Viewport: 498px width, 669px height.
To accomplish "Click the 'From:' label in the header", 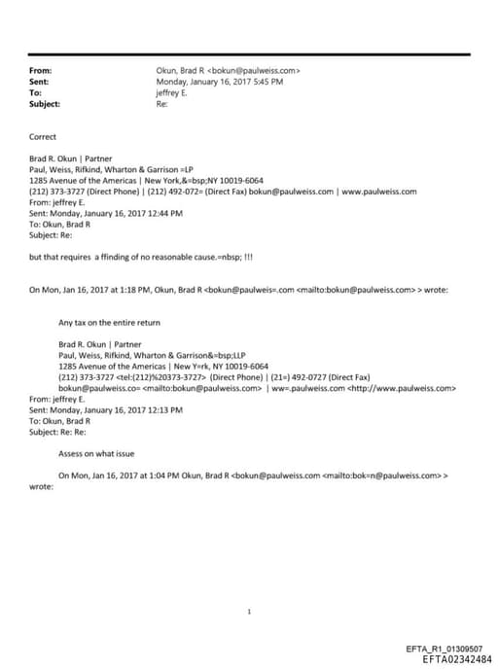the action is tap(41, 71).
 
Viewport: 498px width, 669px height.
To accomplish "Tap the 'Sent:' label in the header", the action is tap(41, 82).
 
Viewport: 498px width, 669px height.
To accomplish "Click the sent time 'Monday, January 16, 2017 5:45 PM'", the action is tap(220, 82).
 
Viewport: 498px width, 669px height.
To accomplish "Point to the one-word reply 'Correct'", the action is tap(44, 137).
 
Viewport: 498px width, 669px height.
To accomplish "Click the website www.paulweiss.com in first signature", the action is tap(380, 192).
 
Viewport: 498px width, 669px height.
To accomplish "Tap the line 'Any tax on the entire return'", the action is tap(110, 322).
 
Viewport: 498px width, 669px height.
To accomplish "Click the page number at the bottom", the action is tap(250, 611).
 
